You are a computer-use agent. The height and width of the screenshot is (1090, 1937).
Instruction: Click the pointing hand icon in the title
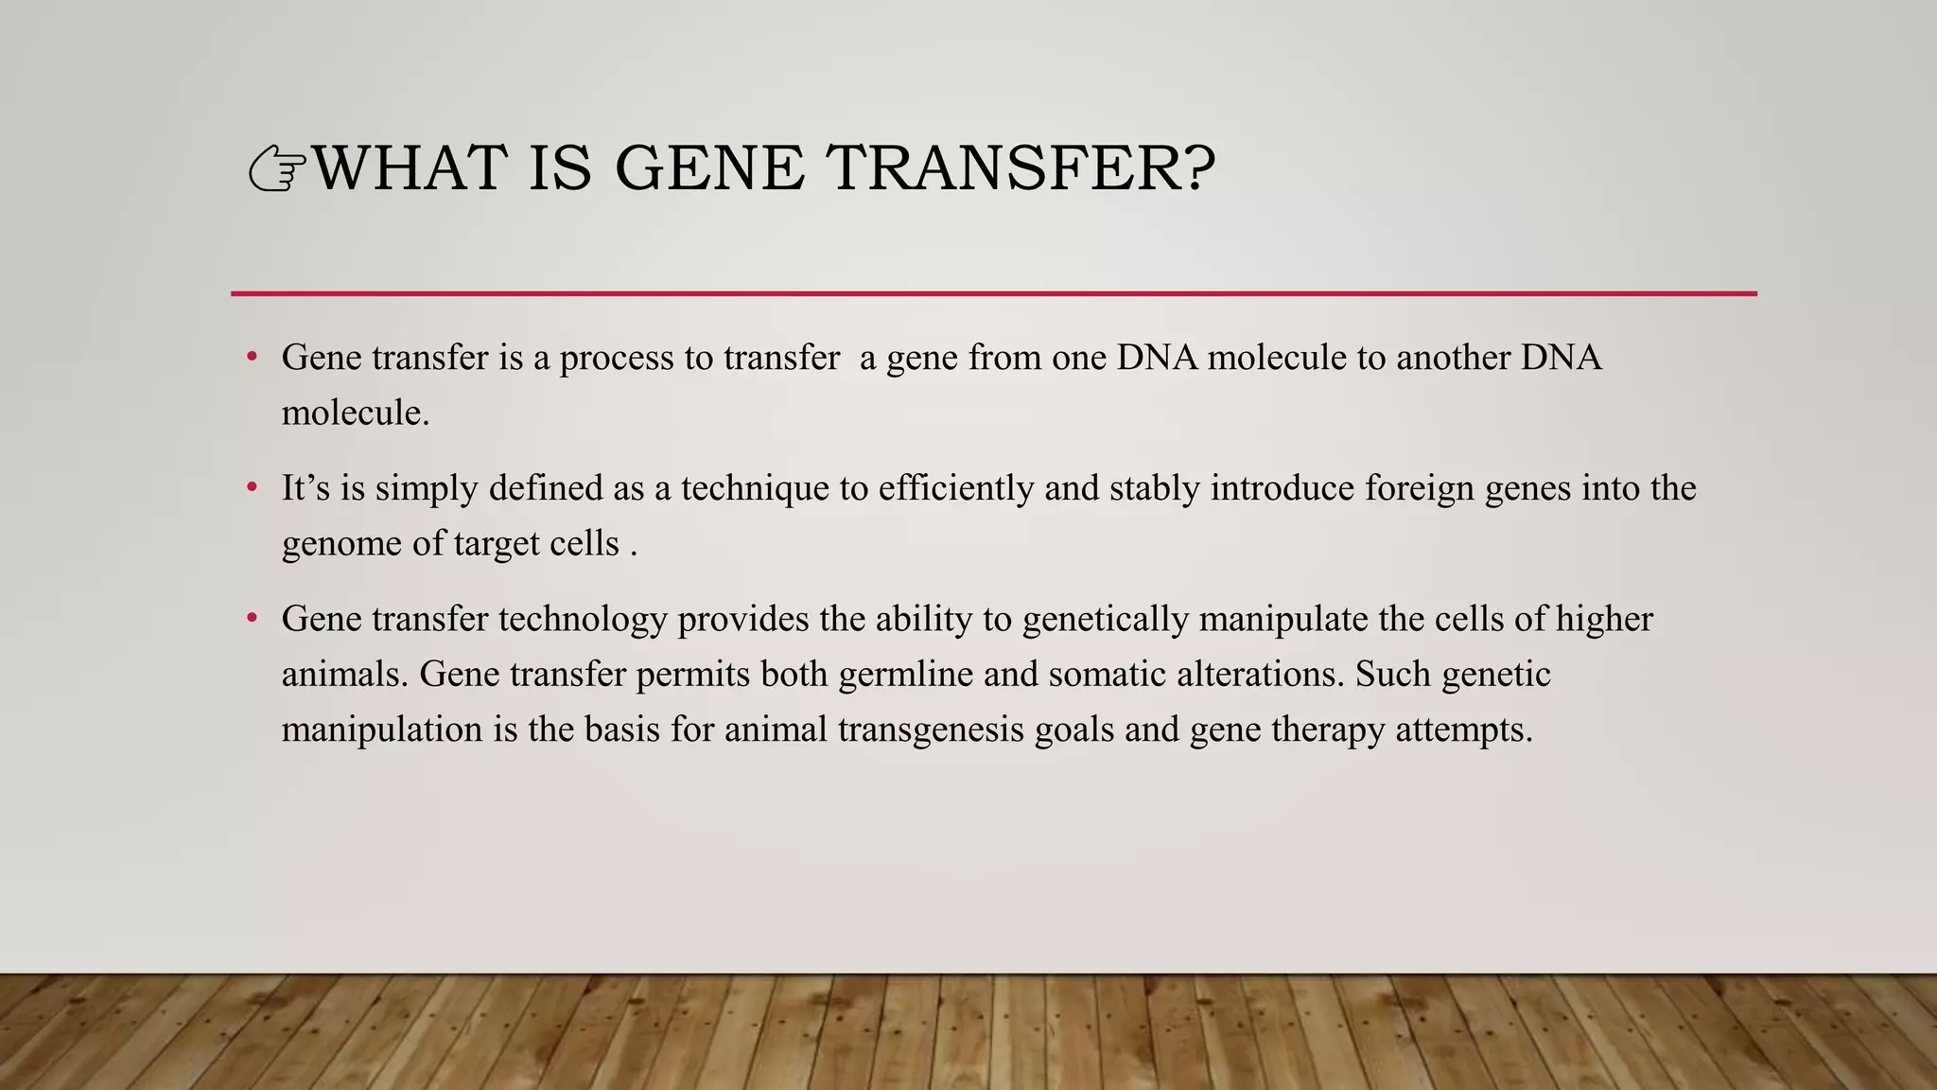(277, 170)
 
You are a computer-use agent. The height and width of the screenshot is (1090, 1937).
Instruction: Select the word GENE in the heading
(709, 168)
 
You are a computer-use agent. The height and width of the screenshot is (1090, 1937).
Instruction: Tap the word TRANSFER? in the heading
(1021, 168)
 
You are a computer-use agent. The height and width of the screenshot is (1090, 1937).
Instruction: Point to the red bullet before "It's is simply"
(252, 488)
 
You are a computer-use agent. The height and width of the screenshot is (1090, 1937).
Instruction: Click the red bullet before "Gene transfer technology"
(252, 619)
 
